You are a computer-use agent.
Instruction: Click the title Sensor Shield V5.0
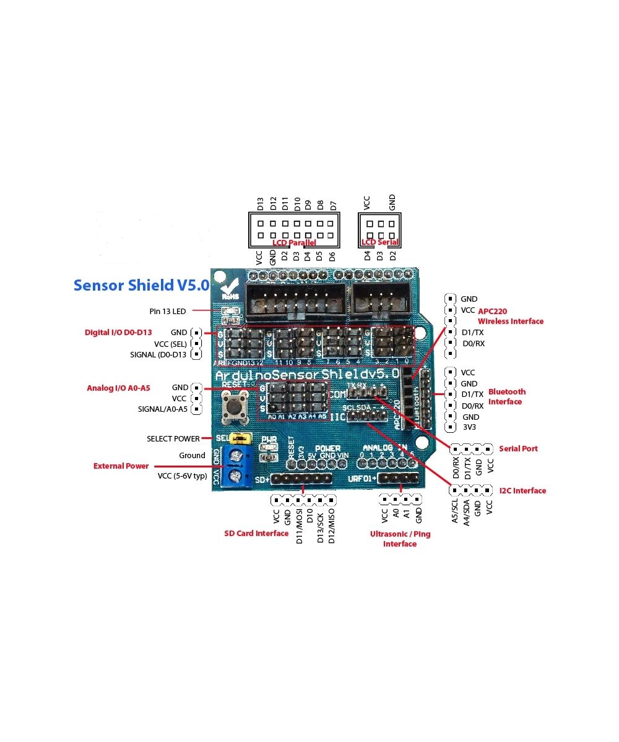141,286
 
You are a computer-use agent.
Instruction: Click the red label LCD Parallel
294,243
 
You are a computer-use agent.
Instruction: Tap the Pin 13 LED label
167,311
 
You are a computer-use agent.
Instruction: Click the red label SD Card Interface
256,533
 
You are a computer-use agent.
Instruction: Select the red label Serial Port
518,448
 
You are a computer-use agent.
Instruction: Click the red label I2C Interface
522,491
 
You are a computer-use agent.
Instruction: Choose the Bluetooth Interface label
506,396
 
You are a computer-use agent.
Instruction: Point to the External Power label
121,466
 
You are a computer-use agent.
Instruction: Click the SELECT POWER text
173,439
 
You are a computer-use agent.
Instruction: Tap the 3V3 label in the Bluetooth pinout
469,427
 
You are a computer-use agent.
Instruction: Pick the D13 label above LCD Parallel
261,204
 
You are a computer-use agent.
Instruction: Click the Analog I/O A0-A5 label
118,388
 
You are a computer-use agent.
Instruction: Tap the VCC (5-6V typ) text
182,476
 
